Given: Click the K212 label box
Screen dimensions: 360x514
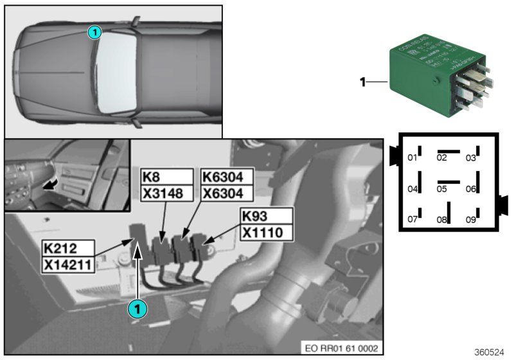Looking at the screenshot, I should click(67, 248).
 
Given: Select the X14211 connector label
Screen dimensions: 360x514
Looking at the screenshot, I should click(67, 264).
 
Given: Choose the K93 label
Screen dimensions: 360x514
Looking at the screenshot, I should click(267, 216).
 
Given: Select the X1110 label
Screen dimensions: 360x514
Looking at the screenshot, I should click(267, 231).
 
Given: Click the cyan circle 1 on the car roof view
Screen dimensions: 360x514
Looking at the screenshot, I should click(94, 32).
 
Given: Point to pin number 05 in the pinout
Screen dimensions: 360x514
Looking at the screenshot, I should click(441, 189).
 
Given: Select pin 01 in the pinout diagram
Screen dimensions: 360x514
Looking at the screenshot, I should click(413, 157).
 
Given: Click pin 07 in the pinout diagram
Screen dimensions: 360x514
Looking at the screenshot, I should click(413, 220).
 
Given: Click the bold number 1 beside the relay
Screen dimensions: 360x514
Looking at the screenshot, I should click(362, 82).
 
